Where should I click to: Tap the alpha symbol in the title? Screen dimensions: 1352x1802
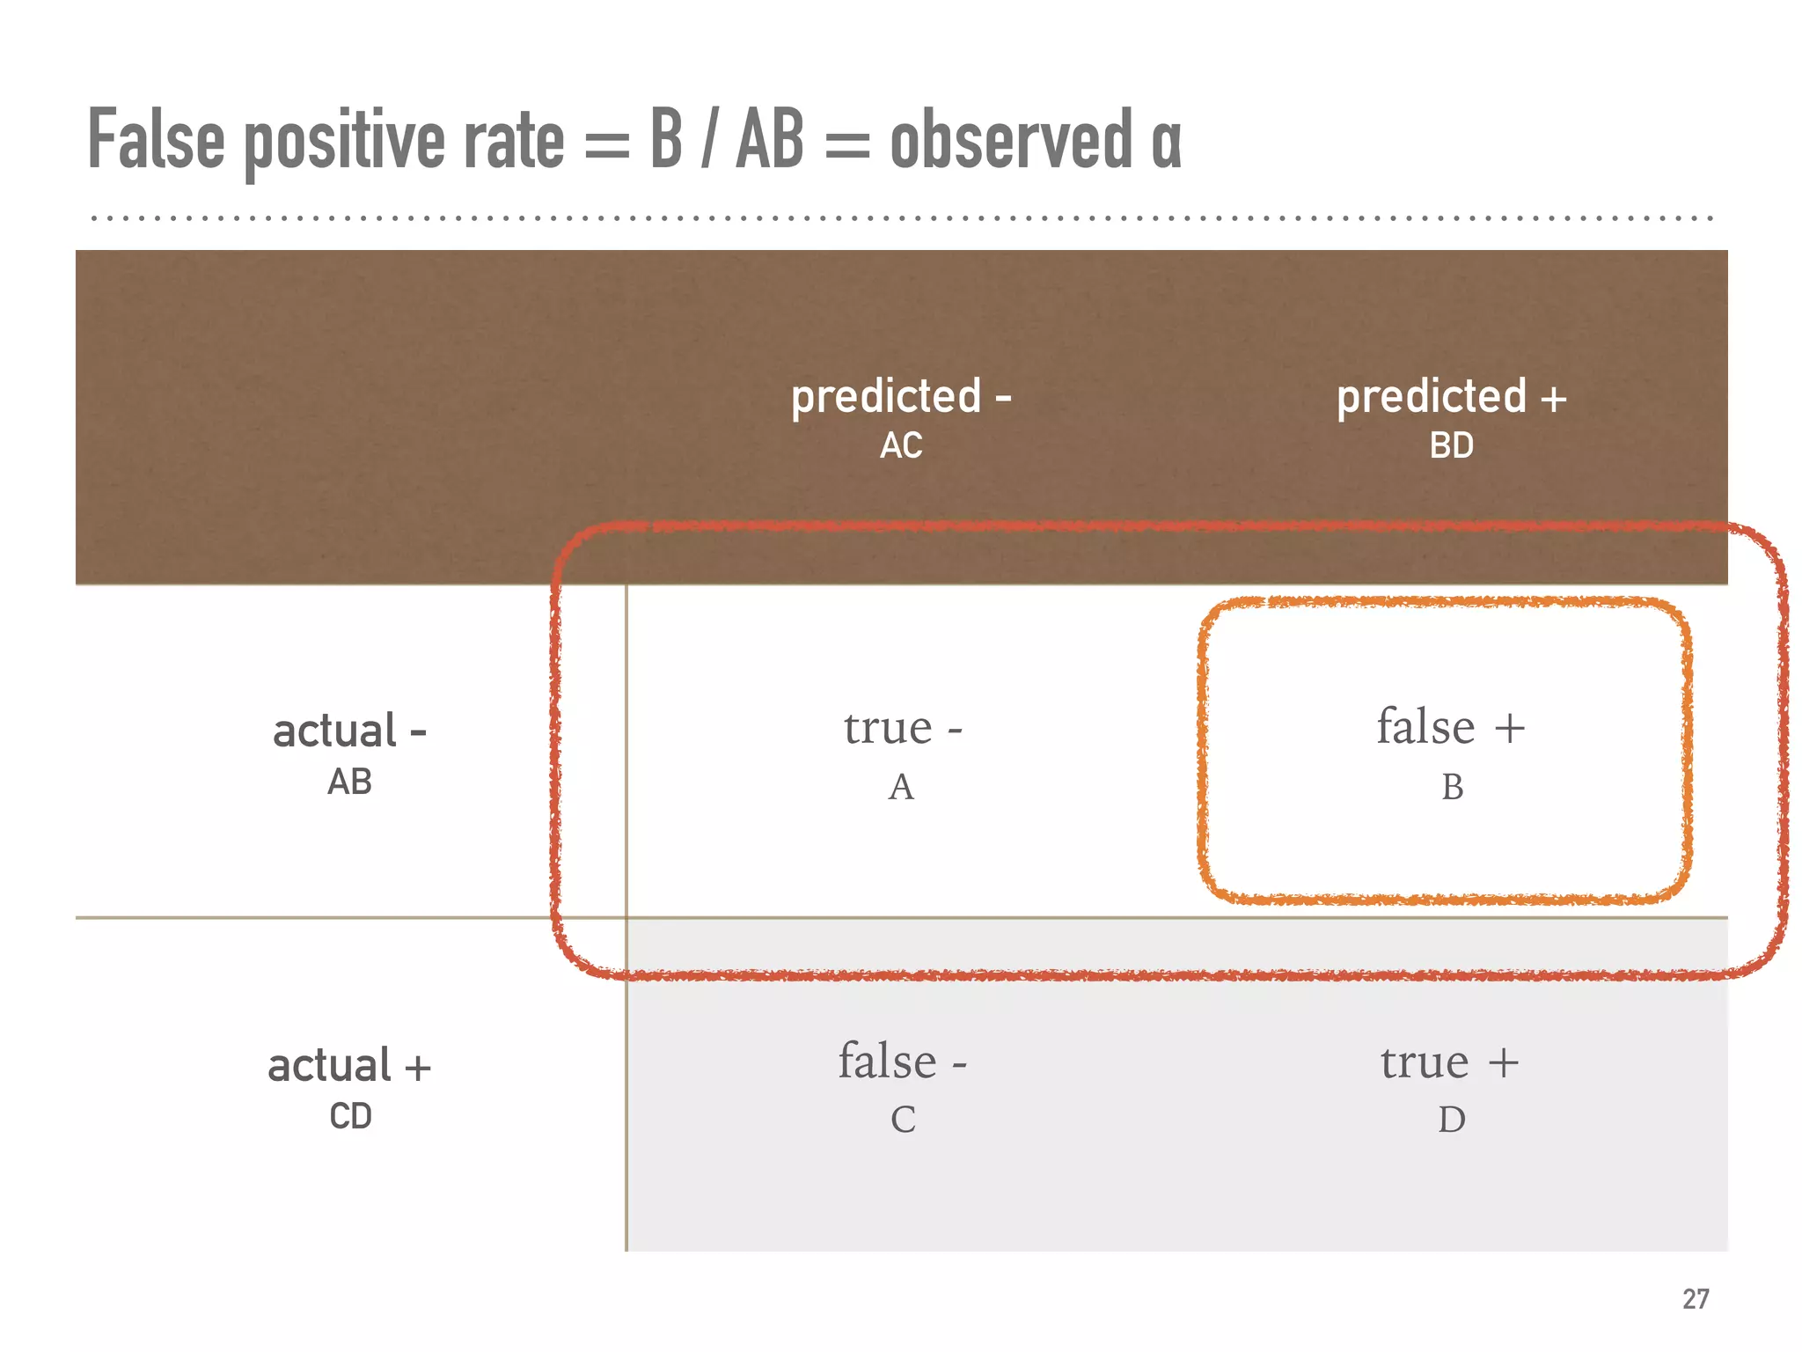[1166, 145]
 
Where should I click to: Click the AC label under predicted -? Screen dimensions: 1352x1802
[901, 445]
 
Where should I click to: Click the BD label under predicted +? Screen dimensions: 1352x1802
[1451, 445]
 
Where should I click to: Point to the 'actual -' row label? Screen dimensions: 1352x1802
[349, 731]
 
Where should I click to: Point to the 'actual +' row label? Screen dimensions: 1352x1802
[349, 1065]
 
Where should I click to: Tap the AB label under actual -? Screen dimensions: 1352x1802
[349, 782]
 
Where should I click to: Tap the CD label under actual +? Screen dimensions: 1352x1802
[350, 1116]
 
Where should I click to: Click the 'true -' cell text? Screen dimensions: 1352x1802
[902, 727]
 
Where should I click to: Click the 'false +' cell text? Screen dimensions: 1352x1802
[1450, 727]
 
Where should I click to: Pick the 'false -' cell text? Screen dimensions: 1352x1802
[902, 1061]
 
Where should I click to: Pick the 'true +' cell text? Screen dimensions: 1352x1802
[1450, 1062]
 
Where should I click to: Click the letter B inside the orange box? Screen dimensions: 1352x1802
[1452, 787]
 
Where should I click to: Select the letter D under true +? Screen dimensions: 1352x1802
[1452, 1120]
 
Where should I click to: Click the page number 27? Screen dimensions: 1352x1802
[1696, 1298]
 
